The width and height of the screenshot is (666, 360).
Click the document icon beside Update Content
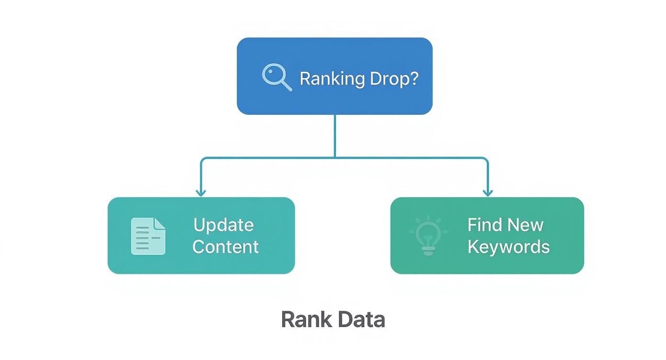[x=148, y=236]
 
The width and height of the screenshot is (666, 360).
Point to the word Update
[x=223, y=225]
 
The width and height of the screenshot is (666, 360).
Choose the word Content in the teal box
[x=225, y=247]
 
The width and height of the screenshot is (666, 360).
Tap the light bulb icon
[x=428, y=235]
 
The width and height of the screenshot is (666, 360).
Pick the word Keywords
[x=508, y=247]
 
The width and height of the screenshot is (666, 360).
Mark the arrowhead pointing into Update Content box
[x=201, y=192]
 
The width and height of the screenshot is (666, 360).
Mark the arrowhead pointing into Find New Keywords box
[x=488, y=192]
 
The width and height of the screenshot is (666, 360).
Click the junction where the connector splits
[x=335, y=157]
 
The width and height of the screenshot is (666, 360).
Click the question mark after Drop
[x=413, y=78]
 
